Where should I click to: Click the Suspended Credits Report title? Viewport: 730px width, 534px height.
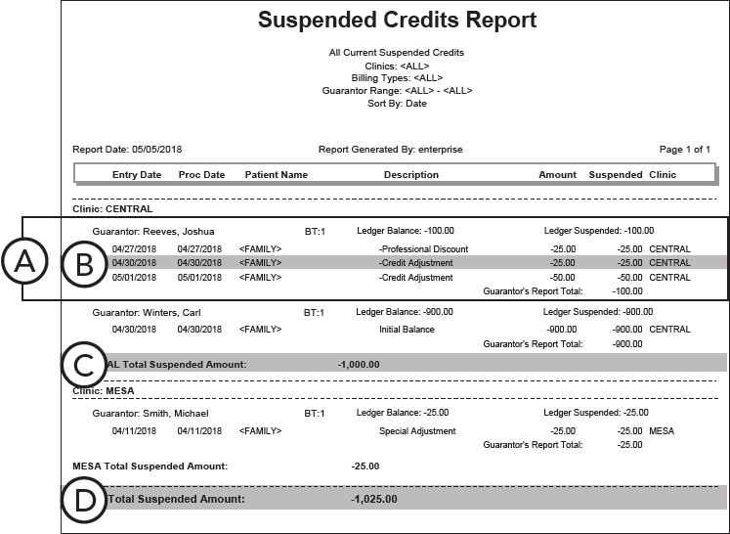[397, 21]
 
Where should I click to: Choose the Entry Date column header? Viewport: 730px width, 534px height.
[137, 175]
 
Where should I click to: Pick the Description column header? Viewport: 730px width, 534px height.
[410, 175]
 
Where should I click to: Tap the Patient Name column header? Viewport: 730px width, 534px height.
[276, 175]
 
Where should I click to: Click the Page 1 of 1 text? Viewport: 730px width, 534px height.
[684, 150]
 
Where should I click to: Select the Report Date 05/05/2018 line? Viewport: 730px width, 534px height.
[127, 150]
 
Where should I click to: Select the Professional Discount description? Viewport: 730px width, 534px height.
[424, 248]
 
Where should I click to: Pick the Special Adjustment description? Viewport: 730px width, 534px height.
[417, 431]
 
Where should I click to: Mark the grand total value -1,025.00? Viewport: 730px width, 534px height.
[373, 499]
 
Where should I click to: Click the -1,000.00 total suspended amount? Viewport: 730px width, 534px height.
[358, 364]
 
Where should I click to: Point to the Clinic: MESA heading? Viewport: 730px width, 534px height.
[103, 391]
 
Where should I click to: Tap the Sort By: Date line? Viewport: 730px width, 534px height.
[397, 103]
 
